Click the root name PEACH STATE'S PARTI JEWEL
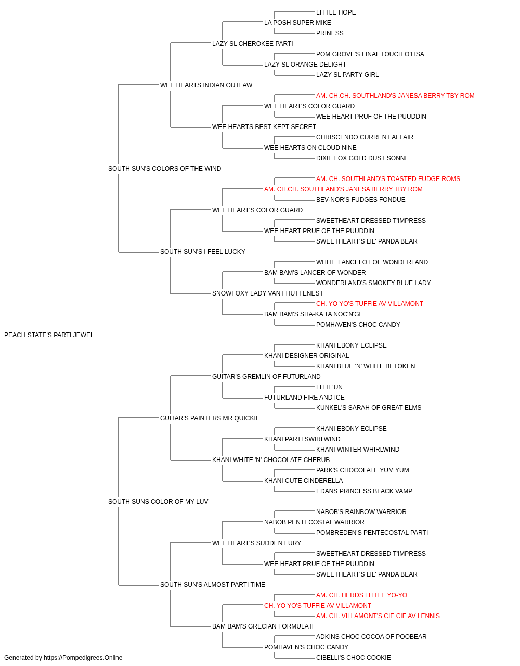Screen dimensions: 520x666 [x=49, y=335]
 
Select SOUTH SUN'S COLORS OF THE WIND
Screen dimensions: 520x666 [x=164, y=169]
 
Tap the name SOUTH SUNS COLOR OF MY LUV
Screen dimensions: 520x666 [x=158, y=502]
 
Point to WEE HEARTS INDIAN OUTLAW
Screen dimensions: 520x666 [x=206, y=85]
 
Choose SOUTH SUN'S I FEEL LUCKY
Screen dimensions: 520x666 [x=203, y=252]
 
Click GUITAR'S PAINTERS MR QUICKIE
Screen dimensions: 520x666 [x=210, y=418]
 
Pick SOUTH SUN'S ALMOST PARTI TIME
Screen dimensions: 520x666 [x=213, y=585]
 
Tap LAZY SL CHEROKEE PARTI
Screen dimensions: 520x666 [x=252, y=44]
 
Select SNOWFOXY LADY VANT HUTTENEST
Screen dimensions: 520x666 [x=268, y=293]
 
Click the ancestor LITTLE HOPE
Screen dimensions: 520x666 [x=336, y=12]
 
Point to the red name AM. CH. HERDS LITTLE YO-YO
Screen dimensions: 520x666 [x=361, y=595]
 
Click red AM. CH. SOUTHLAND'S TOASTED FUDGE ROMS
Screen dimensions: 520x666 [x=388, y=179]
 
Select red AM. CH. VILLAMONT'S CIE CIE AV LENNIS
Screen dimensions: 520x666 [x=378, y=616]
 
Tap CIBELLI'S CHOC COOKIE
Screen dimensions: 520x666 [x=354, y=658]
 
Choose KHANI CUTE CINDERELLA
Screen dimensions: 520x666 [x=303, y=481]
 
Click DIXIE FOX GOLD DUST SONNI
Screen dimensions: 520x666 [x=361, y=158]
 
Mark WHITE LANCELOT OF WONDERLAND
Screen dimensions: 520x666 [x=372, y=262]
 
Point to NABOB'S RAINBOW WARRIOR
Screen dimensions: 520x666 [x=361, y=512]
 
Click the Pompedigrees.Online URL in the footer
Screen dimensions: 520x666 [x=83, y=658]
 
